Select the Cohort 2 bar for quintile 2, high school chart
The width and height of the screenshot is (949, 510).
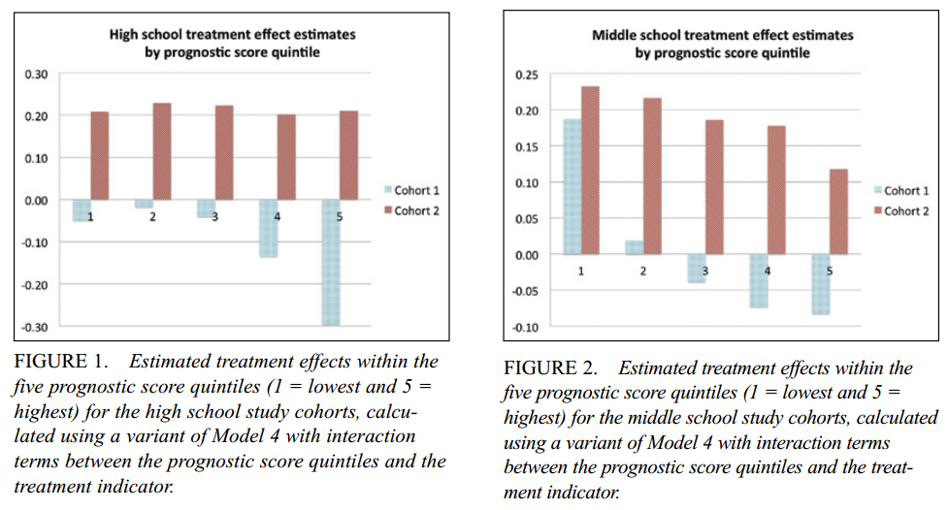[162, 151]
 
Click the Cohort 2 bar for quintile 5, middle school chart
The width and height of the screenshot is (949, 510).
[839, 211]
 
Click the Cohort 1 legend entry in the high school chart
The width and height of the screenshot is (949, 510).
[411, 191]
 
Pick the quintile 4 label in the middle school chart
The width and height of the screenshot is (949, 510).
[768, 271]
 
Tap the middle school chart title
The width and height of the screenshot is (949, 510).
[723, 44]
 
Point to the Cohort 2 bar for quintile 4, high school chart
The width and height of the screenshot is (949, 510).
[286, 157]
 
